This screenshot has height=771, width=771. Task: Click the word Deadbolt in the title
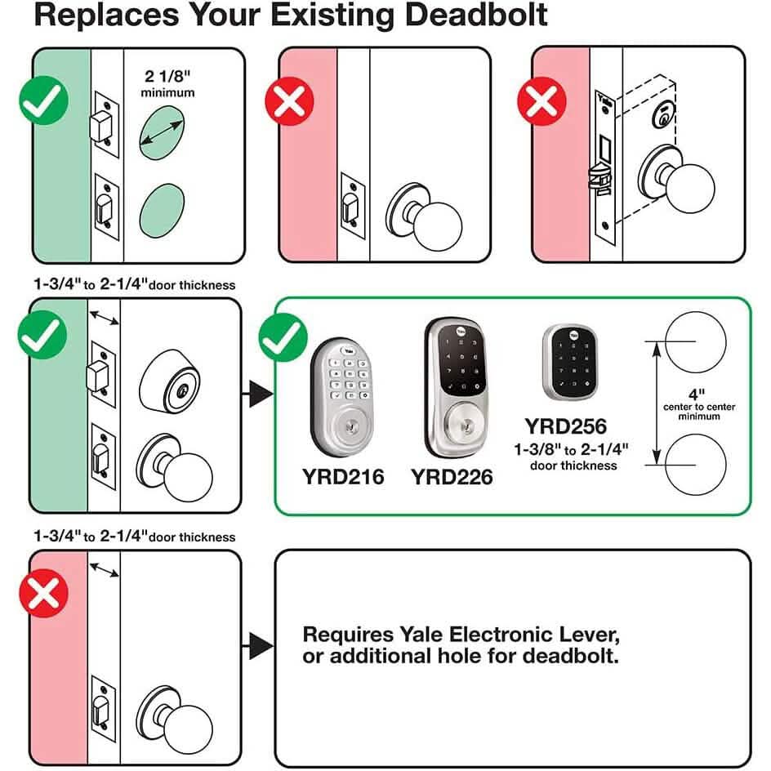click(476, 15)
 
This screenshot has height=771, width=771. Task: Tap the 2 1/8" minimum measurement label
click(167, 83)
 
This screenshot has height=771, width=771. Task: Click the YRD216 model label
click(343, 476)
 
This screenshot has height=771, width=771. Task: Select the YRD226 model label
click(452, 477)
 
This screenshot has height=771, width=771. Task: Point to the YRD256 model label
click(565, 426)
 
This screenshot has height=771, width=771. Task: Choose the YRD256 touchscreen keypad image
click(570, 362)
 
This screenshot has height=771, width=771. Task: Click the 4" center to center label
click(699, 404)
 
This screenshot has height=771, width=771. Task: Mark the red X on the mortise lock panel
click(541, 100)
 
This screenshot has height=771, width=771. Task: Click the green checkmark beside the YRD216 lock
click(283, 337)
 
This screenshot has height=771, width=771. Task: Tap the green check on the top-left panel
click(44, 100)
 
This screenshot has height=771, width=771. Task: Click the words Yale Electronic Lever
click(461, 635)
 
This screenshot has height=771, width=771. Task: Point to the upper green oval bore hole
click(162, 133)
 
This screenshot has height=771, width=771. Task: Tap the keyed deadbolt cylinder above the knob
click(170, 381)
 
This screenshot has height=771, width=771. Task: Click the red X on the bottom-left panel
click(43, 593)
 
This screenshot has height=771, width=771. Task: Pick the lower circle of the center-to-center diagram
click(695, 465)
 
